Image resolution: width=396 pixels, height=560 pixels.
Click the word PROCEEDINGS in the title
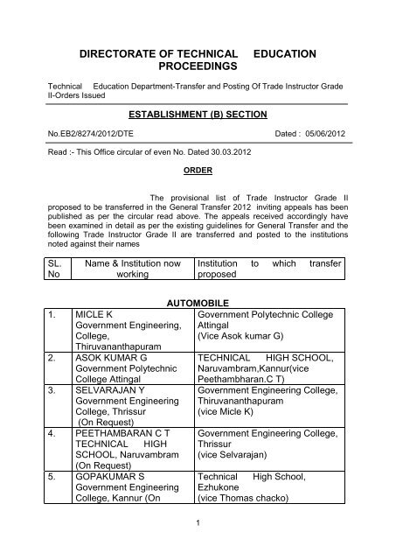pos(198,66)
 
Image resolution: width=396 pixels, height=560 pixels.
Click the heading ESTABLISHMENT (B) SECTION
pos(197,113)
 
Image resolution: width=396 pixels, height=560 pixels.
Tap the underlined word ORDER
pos(198,171)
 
